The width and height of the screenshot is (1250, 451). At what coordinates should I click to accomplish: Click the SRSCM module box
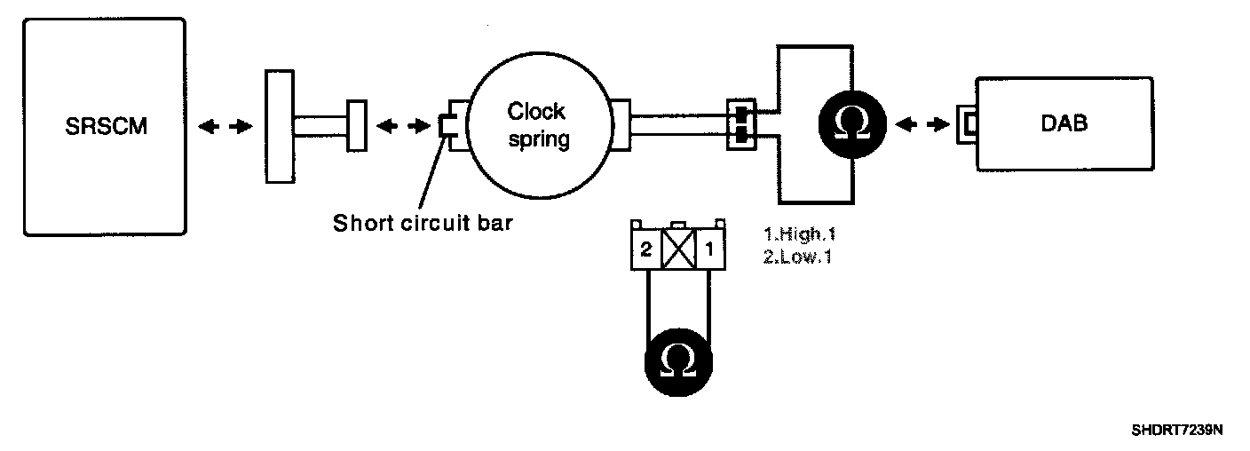(x=105, y=127)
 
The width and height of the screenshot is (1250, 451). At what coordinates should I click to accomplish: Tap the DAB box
(x=1064, y=124)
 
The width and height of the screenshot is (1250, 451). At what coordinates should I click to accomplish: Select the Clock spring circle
(x=536, y=125)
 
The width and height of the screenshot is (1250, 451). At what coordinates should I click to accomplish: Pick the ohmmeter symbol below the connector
(x=679, y=360)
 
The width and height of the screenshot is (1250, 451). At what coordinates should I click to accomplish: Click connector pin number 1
(x=710, y=250)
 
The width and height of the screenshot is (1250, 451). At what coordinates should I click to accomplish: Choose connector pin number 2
(x=646, y=250)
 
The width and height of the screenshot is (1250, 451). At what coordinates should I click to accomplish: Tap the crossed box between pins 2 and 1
(x=678, y=250)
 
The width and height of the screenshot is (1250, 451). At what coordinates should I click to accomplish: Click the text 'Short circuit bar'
(x=423, y=222)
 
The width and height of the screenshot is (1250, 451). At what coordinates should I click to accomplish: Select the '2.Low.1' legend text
(x=796, y=257)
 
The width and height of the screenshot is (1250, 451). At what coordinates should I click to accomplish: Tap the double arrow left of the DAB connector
(x=921, y=125)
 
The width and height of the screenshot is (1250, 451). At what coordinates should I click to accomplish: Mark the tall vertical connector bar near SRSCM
(x=280, y=127)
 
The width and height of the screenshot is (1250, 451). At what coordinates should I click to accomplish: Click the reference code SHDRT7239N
(x=1177, y=431)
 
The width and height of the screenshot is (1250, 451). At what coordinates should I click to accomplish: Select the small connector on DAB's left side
(x=966, y=125)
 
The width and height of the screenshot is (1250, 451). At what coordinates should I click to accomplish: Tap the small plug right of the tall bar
(x=357, y=125)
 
